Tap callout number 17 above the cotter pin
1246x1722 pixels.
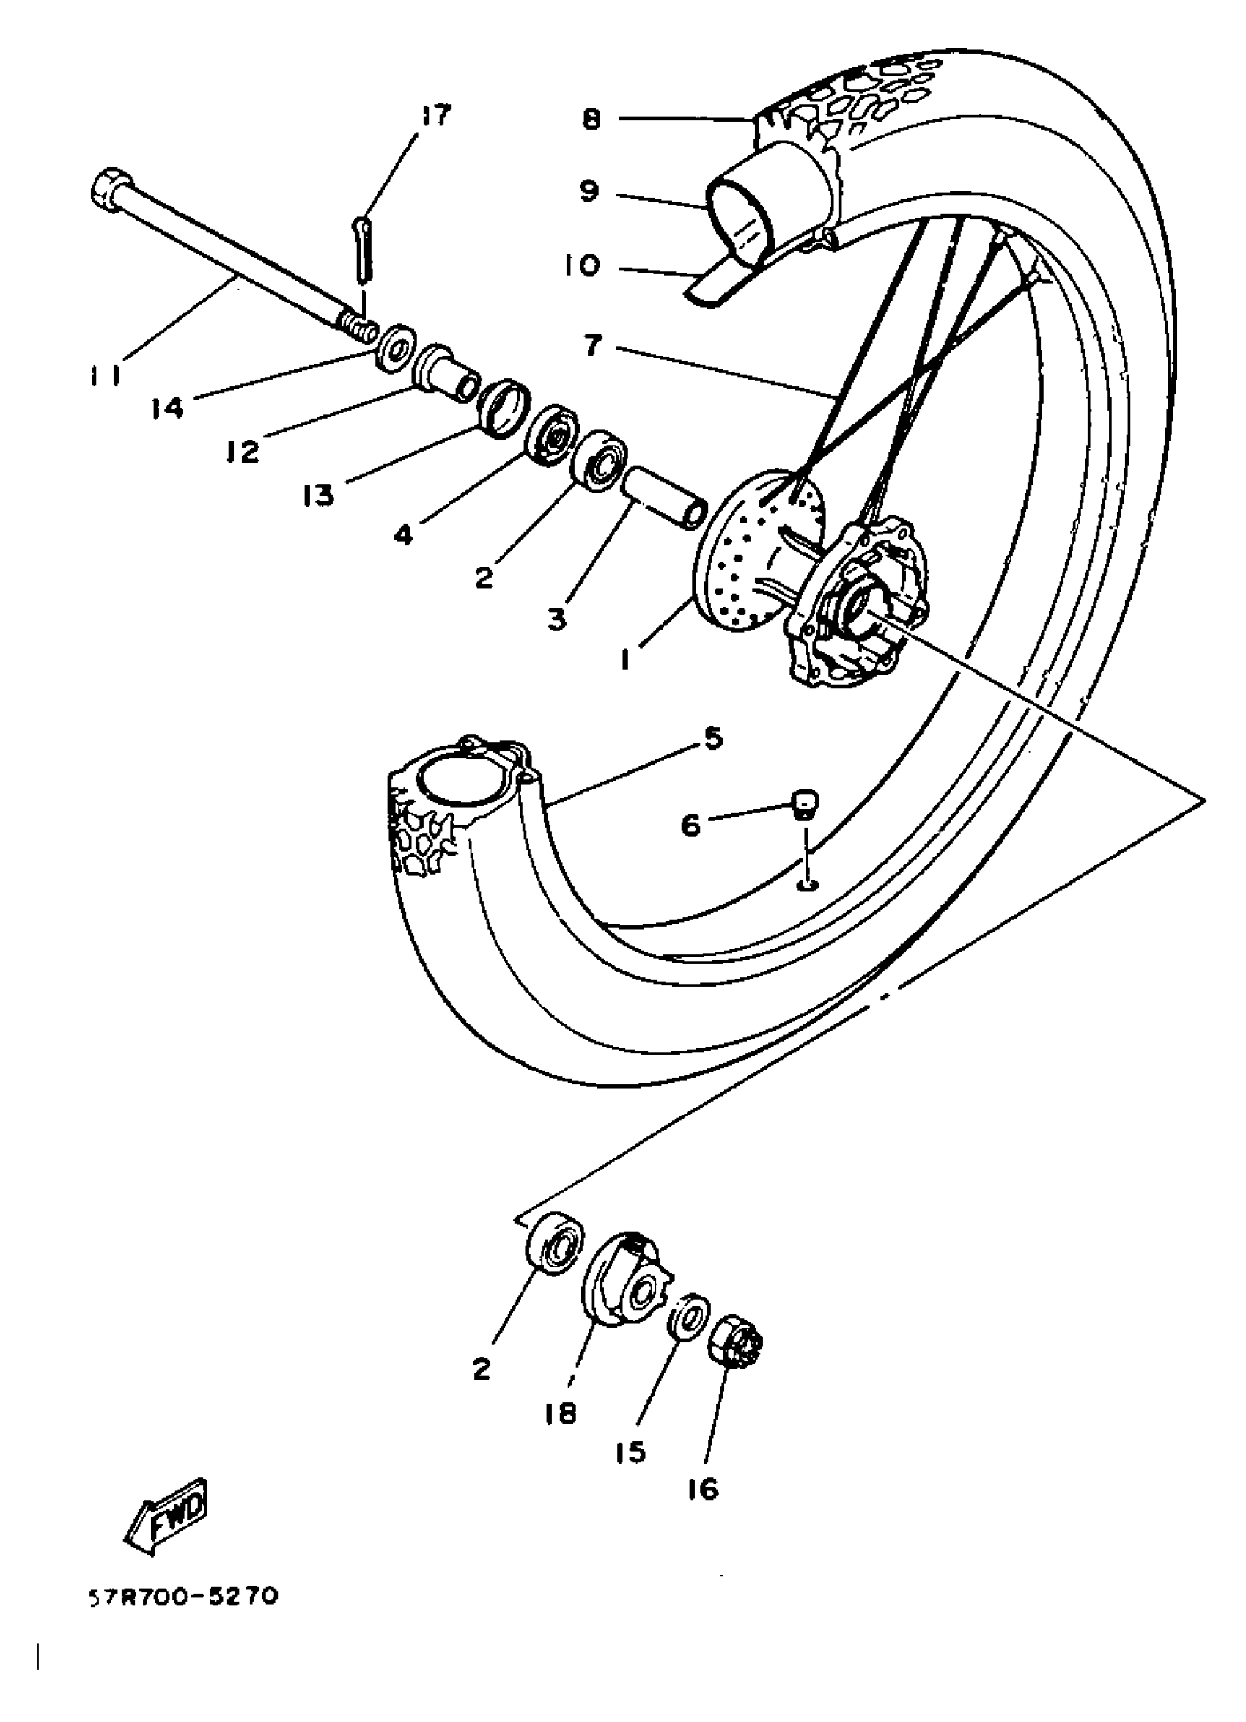point(435,115)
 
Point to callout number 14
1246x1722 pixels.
point(167,408)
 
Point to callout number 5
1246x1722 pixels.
point(712,738)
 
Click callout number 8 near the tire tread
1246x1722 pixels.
point(591,119)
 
